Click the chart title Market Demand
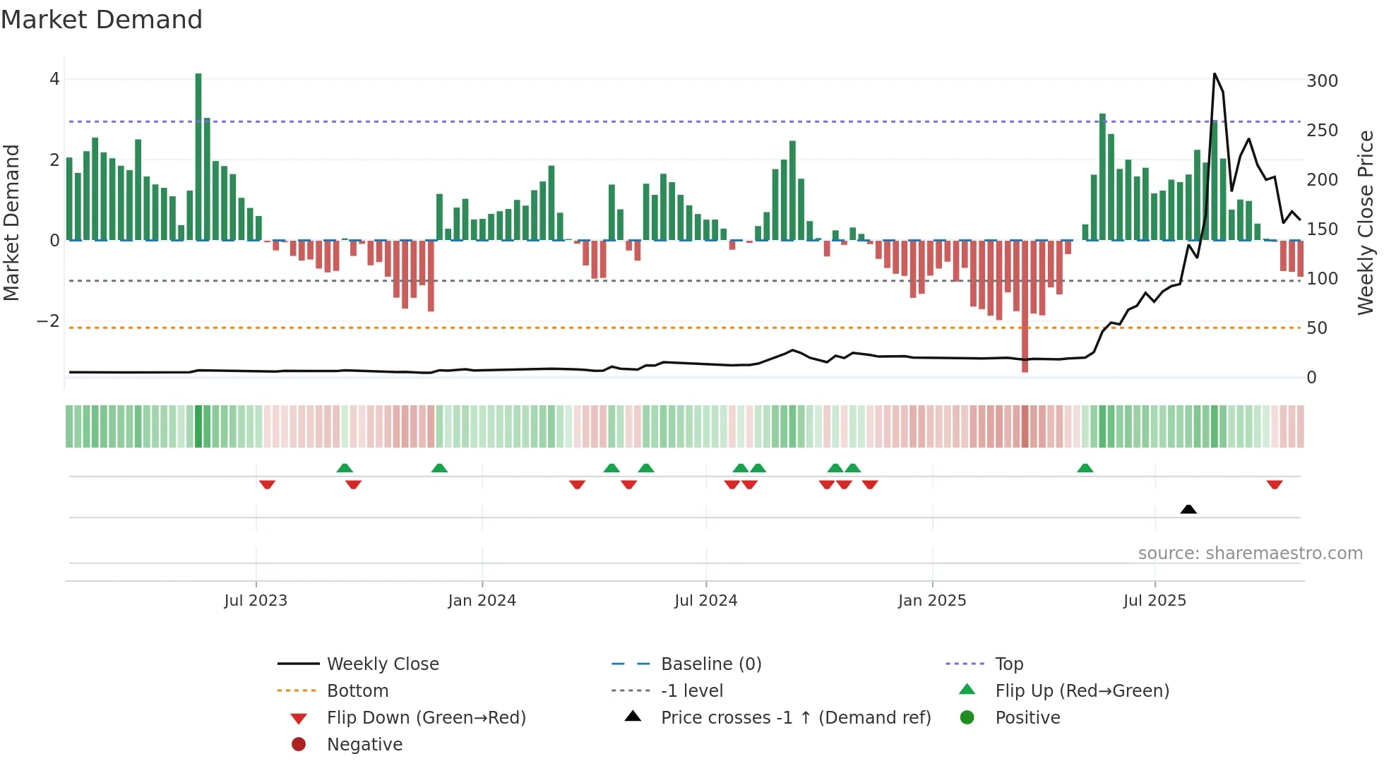(x=102, y=20)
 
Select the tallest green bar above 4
(x=198, y=155)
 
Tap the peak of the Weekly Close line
(x=1215, y=74)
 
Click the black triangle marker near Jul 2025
(x=1188, y=509)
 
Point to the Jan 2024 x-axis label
(x=482, y=601)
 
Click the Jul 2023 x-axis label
(x=256, y=601)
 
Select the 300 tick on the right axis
(x=1322, y=81)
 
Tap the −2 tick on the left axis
(x=48, y=321)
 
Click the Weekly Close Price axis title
(x=1366, y=222)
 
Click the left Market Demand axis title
(x=12, y=222)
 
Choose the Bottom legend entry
(x=357, y=691)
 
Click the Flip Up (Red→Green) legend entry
(x=1082, y=691)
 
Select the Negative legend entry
(x=364, y=745)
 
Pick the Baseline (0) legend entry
(x=710, y=664)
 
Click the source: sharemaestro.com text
(x=1250, y=553)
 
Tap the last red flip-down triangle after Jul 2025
(x=1275, y=485)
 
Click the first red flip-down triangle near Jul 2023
(x=267, y=485)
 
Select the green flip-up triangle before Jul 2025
(x=1085, y=468)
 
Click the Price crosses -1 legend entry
(x=795, y=718)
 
